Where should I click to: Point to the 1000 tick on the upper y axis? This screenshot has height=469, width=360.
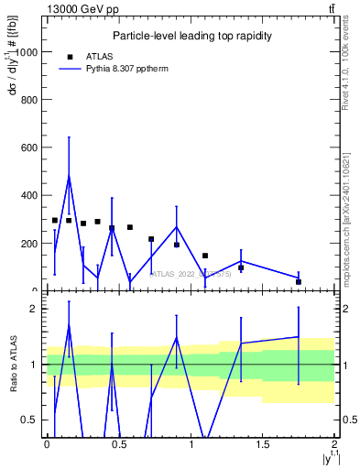tap(29, 52)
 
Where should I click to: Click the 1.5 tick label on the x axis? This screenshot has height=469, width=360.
tap(263, 444)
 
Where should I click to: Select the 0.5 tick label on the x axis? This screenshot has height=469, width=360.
tap(118, 444)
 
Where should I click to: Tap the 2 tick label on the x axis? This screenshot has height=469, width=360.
tap(335, 444)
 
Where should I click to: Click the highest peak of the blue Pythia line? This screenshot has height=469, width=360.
tap(69, 176)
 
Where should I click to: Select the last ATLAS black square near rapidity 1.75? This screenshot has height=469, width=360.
tap(299, 282)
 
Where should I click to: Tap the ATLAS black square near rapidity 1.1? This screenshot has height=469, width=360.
tap(205, 256)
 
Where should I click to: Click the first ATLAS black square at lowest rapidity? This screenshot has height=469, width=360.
tap(55, 221)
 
